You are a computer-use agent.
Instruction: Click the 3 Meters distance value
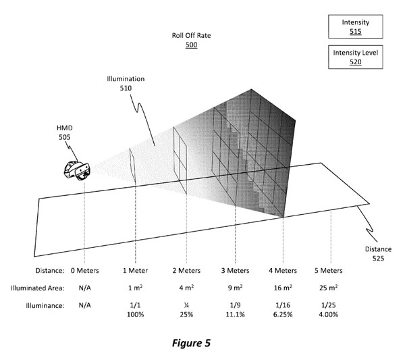[236, 270]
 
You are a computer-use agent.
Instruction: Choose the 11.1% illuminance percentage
[236, 315]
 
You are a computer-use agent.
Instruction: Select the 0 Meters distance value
[84, 270]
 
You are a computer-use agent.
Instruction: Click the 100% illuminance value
[134, 315]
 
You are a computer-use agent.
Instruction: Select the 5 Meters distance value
[330, 270]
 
